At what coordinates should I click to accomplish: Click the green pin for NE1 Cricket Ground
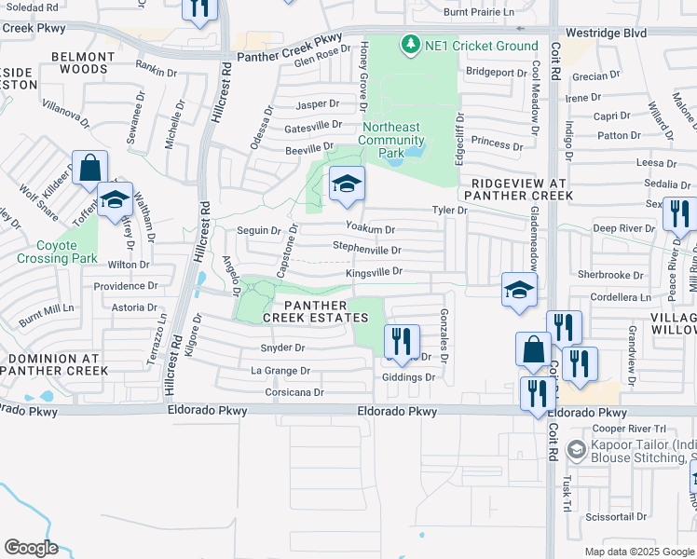point(408,45)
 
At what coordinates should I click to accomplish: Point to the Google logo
point(30,548)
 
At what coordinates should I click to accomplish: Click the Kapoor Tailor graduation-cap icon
point(576,451)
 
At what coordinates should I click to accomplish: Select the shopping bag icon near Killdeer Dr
point(89,170)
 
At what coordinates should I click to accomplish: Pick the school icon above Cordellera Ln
point(519,291)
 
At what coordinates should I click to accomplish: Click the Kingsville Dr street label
point(373,272)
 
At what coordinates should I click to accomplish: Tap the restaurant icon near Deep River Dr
point(680,214)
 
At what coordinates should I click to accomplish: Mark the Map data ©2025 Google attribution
point(639,552)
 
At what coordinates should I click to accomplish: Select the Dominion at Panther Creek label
point(53,363)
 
